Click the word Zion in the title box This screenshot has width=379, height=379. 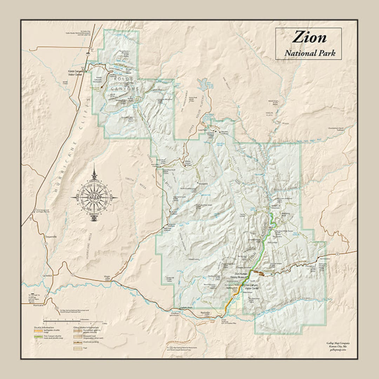pyautogui.click(x=309, y=37)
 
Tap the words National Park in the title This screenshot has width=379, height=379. pyautogui.click(x=310, y=53)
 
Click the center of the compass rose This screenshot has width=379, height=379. pyautogui.click(x=94, y=198)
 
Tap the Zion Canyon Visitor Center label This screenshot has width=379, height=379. pyautogui.click(x=251, y=287)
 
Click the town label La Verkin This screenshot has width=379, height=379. pyautogui.click(x=47, y=276)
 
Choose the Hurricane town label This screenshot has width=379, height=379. pyautogui.click(x=38, y=305)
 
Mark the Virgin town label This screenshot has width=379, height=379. pyautogui.click(x=107, y=277)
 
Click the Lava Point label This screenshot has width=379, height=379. pyautogui.click(x=201, y=129)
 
